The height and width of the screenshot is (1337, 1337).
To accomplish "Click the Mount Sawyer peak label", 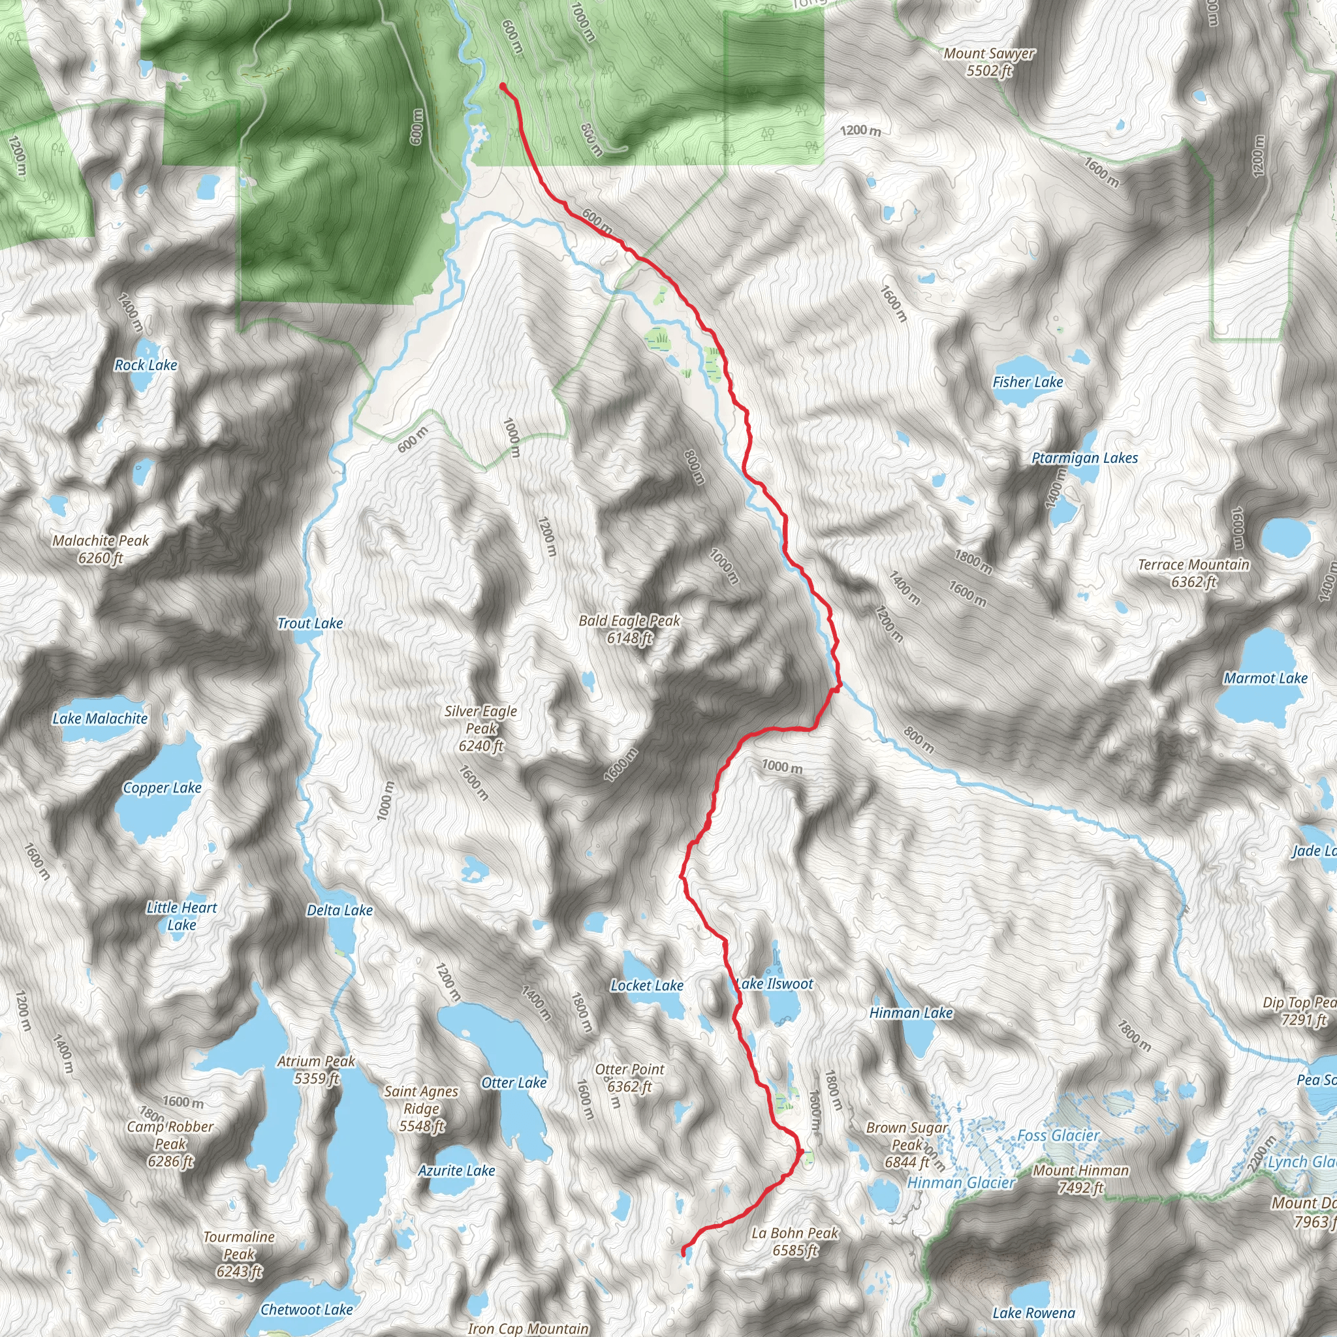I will [x=989, y=61].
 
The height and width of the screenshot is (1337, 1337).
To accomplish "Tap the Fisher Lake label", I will [x=1027, y=382].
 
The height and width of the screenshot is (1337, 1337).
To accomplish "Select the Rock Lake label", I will [x=146, y=365].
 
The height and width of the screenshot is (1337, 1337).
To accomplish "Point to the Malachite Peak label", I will [x=101, y=549].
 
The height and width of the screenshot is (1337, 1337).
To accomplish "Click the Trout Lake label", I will [x=309, y=623].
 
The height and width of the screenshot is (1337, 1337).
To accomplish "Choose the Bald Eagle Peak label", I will [x=629, y=629].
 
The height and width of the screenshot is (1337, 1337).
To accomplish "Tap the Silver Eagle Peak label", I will [x=480, y=728].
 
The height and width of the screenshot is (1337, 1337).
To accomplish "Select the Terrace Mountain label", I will [x=1193, y=573].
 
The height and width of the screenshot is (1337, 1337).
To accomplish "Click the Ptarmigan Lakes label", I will [x=1084, y=458].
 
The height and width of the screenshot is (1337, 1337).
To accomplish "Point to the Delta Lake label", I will [x=339, y=910].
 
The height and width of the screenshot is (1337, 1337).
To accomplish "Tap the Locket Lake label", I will [x=646, y=984].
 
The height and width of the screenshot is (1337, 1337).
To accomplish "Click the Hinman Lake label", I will [x=910, y=1013].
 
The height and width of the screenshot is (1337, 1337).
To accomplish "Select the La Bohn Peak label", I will [x=794, y=1241].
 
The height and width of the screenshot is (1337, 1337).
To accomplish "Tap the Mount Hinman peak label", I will [x=1080, y=1178].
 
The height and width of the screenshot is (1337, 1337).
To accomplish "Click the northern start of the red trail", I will [x=503, y=87].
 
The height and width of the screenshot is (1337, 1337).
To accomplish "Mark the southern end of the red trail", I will [x=684, y=1253].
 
